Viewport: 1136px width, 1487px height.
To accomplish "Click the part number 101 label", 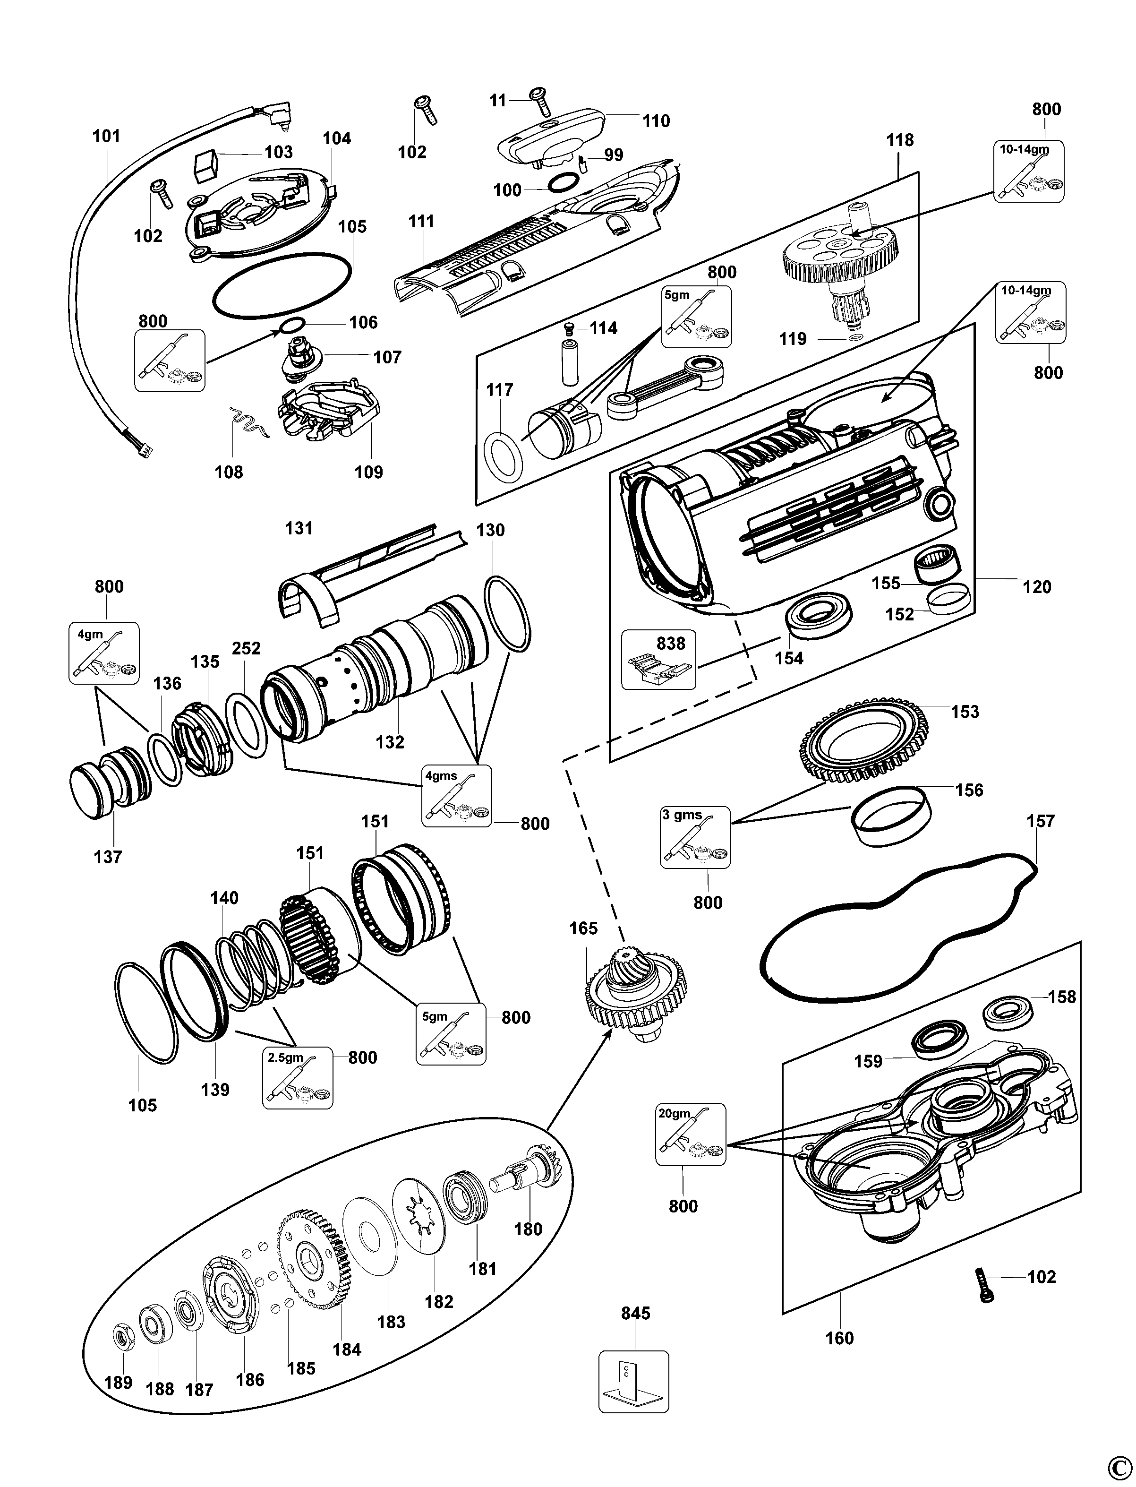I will point(106,136).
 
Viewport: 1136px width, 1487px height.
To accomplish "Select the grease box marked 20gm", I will point(691,1135).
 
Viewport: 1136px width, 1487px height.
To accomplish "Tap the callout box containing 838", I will point(658,660).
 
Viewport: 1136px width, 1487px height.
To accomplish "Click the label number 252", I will point(246,648).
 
